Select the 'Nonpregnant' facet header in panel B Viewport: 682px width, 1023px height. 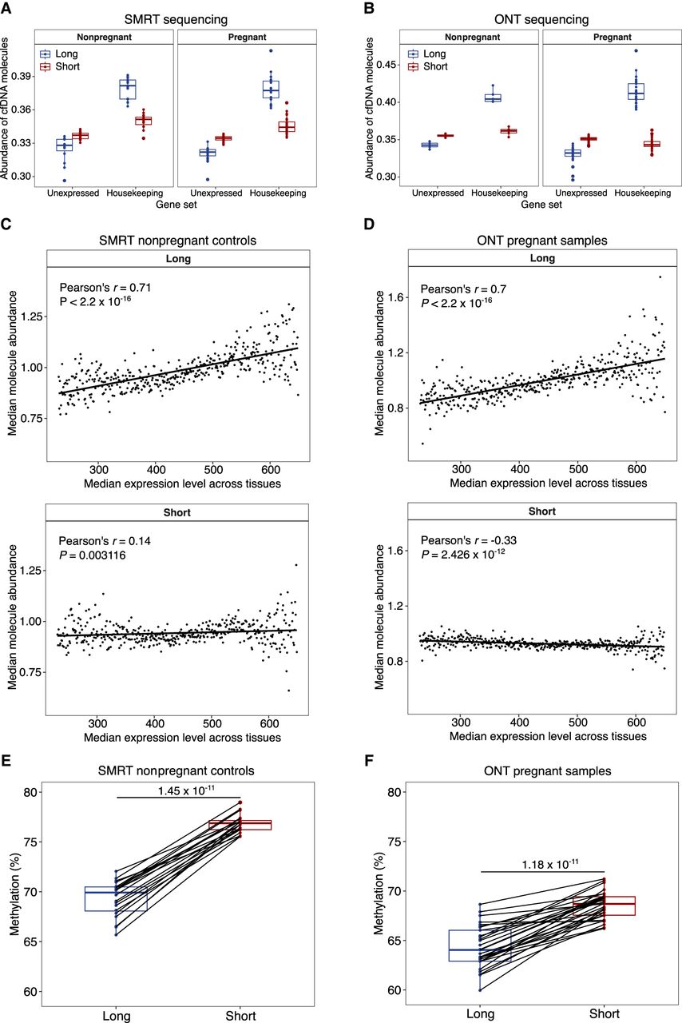click(470, 38)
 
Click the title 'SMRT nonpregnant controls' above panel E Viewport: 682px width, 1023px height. click(177, 771)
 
